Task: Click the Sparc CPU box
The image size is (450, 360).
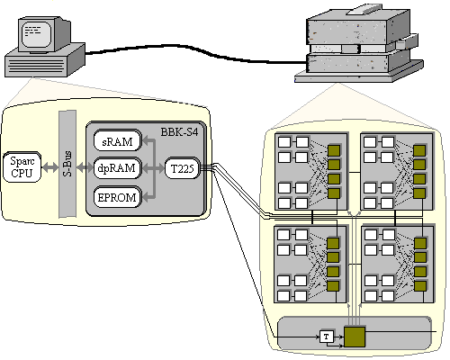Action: (22, 167)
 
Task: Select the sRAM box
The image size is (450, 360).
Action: (117, 140)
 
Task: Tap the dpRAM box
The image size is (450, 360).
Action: (117, 168)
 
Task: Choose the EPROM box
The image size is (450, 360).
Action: (117, 197)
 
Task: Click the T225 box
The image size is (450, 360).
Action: (182, 168)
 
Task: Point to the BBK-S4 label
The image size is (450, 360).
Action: (179, 132)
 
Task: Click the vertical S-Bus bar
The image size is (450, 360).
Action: (67, 164)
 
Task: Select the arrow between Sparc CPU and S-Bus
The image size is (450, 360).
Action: (50, 167)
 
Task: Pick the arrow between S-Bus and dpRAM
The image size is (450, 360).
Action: (85, 167)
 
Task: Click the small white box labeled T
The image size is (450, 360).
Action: (327, 337)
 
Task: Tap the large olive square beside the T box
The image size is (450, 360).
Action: (355, 337)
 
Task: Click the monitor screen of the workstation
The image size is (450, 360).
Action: (37, 34)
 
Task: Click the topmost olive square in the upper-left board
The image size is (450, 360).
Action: (333, 150)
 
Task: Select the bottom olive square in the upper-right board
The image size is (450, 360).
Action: (419, 193)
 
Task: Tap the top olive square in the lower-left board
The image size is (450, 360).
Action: (333, 243)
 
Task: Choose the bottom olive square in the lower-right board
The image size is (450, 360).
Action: (420, 285)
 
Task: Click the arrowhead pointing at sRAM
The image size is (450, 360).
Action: (146, 140)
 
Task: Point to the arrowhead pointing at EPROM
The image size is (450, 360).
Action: (146, 197)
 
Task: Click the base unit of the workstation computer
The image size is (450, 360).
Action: (45, 61)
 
